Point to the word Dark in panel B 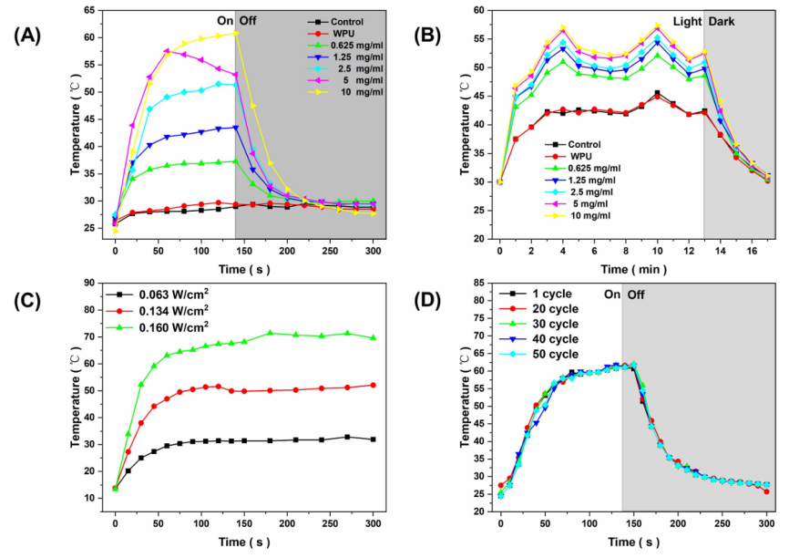[730, 21]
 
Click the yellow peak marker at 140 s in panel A [235, 34]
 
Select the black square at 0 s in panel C [115, 488]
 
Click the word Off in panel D [641, 296]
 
